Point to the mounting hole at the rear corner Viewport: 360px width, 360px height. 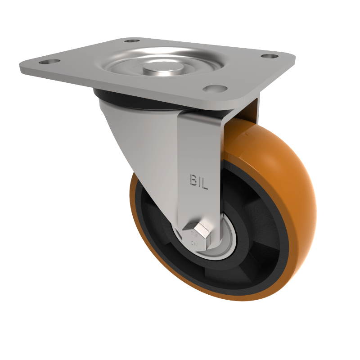coord(131,41)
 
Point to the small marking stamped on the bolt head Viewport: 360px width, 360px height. coord(194,234)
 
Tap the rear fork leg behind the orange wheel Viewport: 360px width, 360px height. coord(250,112)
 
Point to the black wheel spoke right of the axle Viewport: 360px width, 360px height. coord(256,234)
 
